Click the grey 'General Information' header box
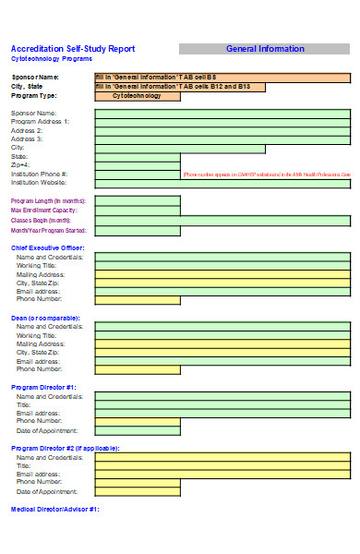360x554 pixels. pos(264,49)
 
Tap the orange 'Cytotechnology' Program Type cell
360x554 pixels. pos(137,96)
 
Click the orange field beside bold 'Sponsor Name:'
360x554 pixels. pos(222,78)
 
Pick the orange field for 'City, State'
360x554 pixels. pos(180,87)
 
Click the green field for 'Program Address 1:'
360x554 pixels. pos(222,122)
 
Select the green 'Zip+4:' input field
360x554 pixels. pos(138,165)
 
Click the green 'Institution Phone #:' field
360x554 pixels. pos(138,175)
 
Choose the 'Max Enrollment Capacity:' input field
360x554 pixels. pos(138,211)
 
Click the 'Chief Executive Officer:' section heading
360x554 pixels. pos(47,247)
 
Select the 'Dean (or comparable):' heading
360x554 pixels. pos(45,318)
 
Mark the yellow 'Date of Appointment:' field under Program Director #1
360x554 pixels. pos(138,431)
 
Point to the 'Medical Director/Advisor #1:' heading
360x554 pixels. pos(54,510)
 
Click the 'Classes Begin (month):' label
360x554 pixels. pos(41,221)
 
